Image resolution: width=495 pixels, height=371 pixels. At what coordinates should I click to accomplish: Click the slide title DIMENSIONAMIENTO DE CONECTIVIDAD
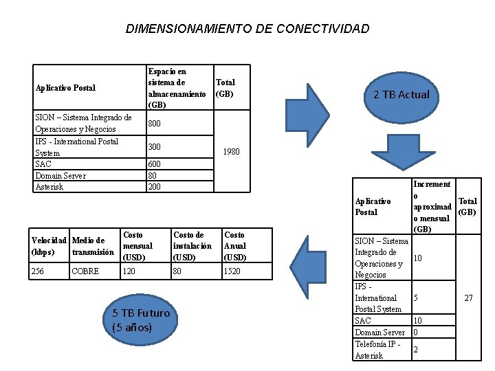click(247, 29)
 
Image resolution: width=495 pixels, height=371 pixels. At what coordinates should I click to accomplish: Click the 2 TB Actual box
click(401, 94)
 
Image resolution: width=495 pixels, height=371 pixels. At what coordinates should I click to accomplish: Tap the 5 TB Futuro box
click(140, 319)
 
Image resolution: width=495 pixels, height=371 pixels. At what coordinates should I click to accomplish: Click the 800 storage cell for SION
click(155, 124)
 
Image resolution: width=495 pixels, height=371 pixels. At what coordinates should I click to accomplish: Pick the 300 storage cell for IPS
click(155, 147)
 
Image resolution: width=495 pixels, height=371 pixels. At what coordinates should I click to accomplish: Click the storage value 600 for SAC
click(155, 164)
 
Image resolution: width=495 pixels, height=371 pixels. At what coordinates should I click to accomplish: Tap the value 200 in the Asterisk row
click(155, 187)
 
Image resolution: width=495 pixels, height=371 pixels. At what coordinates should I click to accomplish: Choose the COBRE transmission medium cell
click(85, 271)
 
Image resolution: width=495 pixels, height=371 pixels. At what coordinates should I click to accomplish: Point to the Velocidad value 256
click(38, 271)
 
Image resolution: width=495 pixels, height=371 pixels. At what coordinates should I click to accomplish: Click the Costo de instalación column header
click(192, 246)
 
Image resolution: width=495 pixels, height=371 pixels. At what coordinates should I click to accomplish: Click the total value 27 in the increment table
click(467, 298)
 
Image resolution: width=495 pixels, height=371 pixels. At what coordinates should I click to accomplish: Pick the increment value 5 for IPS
click(415, 298)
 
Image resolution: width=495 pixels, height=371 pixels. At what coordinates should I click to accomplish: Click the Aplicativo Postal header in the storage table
click(65, 88)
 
